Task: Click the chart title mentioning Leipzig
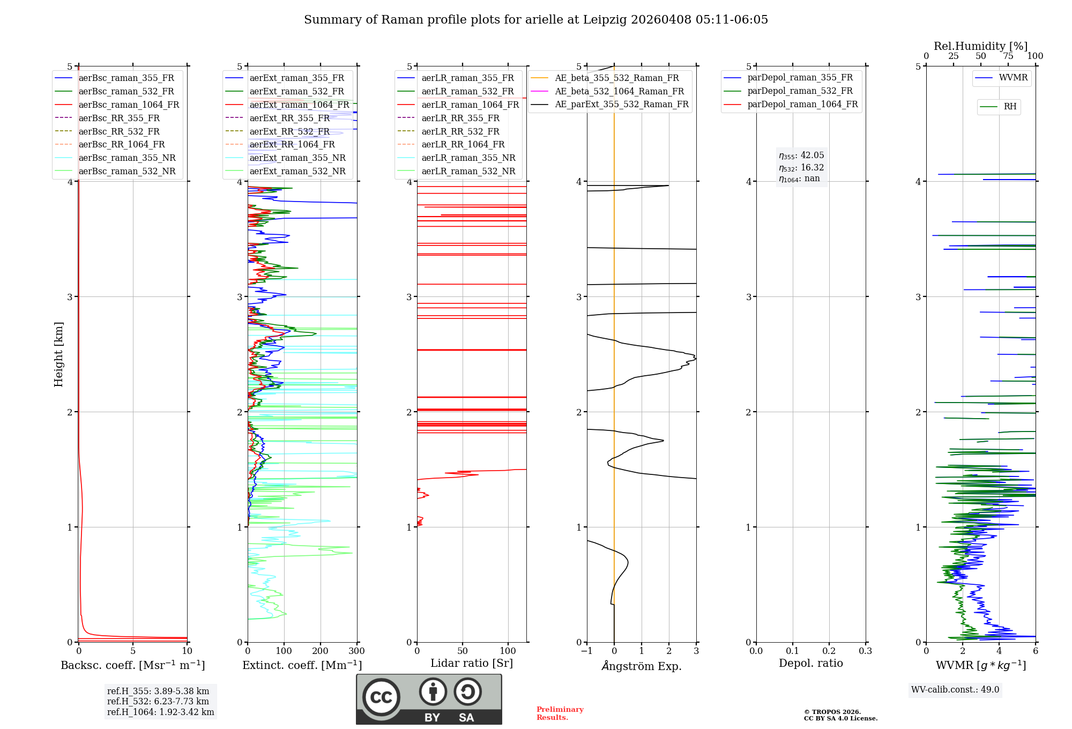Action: coord(536,20)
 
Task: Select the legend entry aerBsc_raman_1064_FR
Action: coord(129,105)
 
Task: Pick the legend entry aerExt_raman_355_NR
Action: coord(297,158)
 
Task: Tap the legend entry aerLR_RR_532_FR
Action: coord(460,131)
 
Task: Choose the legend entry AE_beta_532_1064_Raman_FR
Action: coord(619,92)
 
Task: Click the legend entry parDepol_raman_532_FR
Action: coord(800,91)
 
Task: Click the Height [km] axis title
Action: coord(58,354)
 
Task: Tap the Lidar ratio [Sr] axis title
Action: coord(472,664)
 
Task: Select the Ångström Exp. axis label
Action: coord(642,666)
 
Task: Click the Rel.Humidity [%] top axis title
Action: coord(980,46)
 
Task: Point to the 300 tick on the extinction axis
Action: coord(356,651)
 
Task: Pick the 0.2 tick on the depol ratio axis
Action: coord(829,651)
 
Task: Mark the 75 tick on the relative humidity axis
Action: coord(1008,56)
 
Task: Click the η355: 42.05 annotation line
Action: coord(801,155)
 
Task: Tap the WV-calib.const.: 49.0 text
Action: coord(955,690)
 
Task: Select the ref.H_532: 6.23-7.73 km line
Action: coord(158,702)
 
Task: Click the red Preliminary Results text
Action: coord(560,713)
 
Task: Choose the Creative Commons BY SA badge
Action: coord(429,699)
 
